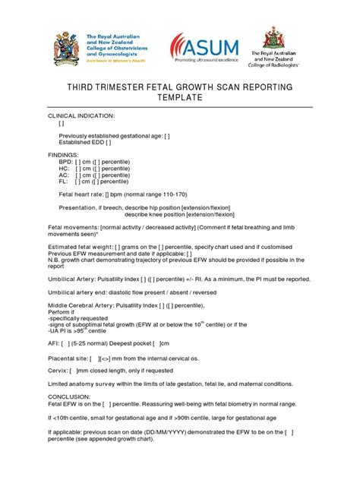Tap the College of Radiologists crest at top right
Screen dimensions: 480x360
[x=270, y=38]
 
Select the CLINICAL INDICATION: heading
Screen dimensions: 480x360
[x=81, y=115]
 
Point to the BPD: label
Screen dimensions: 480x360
[x=66, y=163]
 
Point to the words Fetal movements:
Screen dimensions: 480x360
[x=74, y=227]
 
